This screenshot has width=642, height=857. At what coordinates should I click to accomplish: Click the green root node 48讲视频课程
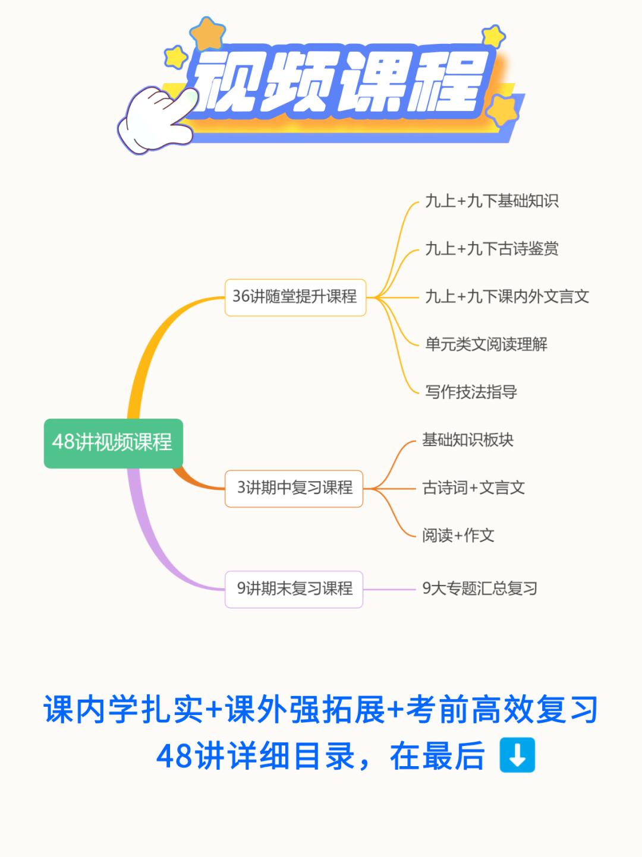pos(113,443)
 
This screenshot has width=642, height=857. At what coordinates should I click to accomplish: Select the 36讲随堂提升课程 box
pos(295,297)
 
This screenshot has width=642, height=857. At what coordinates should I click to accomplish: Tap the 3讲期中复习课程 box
pos(294,488)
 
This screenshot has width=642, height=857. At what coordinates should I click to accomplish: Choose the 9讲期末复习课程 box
pos(294,589)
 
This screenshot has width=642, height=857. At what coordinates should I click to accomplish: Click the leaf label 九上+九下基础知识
pos(492,201)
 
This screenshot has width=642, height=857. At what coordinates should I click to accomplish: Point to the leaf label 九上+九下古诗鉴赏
pos(492,249)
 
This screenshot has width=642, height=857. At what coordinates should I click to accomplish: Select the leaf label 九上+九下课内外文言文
pos(507,296)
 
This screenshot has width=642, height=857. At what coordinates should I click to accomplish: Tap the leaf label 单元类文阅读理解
pos(486,344)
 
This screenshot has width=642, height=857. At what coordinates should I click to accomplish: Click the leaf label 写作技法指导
pos(471,392)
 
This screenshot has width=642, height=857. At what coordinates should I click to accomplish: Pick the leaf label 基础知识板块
pos(468,440)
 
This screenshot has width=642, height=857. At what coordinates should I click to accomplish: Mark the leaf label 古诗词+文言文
pos(474,488)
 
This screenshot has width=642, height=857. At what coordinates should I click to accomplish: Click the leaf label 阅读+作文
pos(458,536)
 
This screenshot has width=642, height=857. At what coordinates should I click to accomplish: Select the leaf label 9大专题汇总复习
pos(480,589)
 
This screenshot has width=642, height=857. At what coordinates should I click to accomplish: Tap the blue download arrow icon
pos(517,755)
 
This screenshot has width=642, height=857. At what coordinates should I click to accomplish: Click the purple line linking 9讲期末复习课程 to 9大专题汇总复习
pos(389,589)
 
